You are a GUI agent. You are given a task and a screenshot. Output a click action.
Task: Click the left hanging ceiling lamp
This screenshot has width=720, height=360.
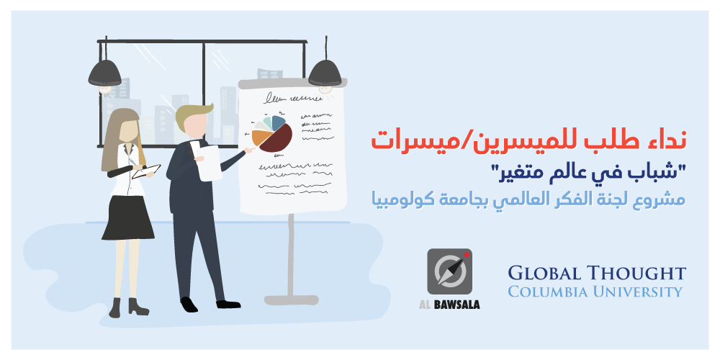[x=104, y=73]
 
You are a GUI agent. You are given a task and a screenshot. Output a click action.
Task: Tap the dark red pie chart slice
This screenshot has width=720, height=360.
[x=277, y=138]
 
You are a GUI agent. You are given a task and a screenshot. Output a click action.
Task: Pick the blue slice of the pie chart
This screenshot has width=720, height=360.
[x=279, y=122]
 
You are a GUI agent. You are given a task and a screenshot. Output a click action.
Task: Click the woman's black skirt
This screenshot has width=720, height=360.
[x=127, y=218]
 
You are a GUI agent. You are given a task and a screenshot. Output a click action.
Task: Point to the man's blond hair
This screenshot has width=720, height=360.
[x=192, y=114]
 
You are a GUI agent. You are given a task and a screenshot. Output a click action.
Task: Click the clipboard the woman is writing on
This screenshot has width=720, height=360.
[x=146, y=172]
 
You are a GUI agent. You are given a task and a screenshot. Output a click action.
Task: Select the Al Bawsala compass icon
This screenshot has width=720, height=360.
[x=449, y=271]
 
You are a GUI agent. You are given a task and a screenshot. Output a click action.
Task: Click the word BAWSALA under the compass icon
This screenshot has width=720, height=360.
[x=458, y=305]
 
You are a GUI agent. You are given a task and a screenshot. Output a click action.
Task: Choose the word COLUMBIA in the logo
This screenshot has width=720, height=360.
[x=546, y=291]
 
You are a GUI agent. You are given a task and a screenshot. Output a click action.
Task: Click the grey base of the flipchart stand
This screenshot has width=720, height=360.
[x=291, y=300]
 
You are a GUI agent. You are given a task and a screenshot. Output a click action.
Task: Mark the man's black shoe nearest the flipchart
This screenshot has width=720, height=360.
[x=228, y=304]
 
